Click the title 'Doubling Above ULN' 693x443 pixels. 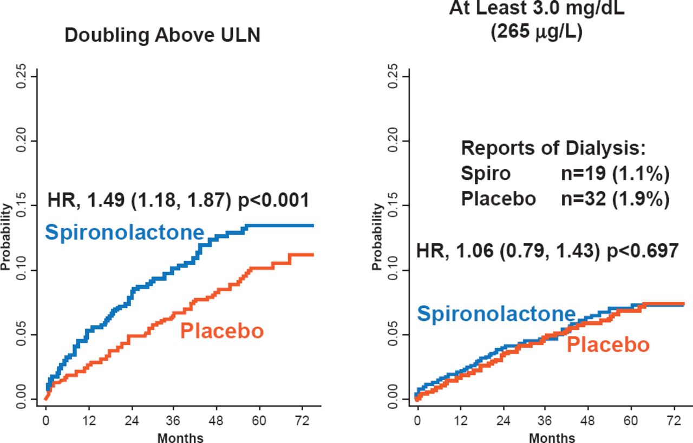(x=162, y=36)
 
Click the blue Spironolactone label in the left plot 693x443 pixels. (x=125, y=233)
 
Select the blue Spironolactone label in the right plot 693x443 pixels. (x=496, y=314)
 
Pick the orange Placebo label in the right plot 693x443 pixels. (x=608, y=345)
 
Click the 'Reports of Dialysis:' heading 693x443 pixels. (x=553, y=148)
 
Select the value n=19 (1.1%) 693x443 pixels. (x=615, y=174)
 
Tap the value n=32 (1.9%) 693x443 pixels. (x=615, y=199)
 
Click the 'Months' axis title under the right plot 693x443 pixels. (x=552, y=437)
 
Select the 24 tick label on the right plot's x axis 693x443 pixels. (x=504, y=420)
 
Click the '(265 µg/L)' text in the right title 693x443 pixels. (x=537, y=32)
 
